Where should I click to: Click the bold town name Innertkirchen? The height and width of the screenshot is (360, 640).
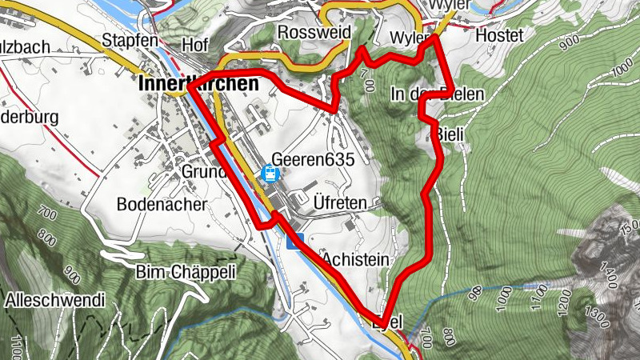(x=198, y=83)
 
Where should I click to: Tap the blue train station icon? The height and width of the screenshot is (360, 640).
(x=270, y=173)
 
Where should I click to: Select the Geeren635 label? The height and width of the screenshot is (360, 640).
(x=313, y=158)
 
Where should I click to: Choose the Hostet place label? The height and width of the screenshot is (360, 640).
(x=498, y=36)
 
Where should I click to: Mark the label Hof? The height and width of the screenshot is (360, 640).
(x=194, y=44)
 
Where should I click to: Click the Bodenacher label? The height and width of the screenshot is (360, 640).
(x=161, y=204)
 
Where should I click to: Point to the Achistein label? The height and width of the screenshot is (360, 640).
(x=356, y=260)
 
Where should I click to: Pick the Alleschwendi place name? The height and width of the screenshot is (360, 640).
(x=55, y=301)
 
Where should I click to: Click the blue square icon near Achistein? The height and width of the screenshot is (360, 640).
(x=294, y=242)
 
